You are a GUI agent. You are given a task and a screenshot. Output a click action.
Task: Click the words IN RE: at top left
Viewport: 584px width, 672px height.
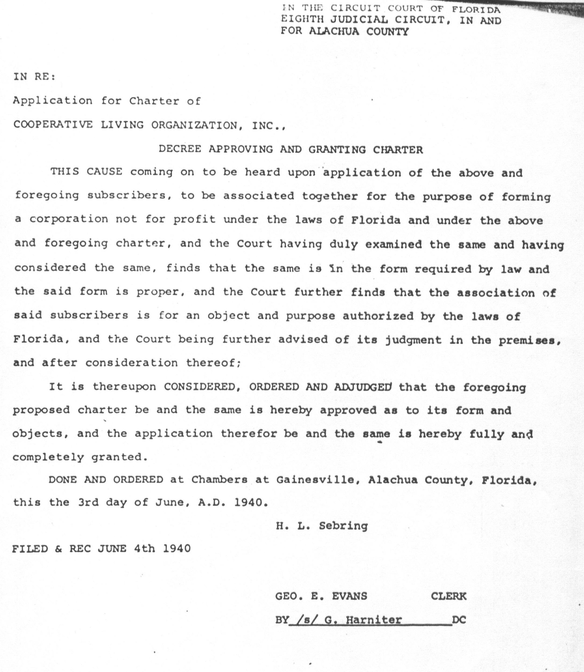[34, 77]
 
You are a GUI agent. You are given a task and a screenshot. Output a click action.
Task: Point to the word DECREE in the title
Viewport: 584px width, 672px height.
[180, 149]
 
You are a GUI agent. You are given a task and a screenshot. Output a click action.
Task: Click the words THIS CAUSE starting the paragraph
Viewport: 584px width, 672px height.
[86, 172]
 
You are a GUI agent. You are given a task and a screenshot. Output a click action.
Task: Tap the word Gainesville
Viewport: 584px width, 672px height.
[315, 480]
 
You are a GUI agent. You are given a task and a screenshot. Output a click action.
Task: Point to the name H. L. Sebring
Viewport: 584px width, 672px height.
[322, 525]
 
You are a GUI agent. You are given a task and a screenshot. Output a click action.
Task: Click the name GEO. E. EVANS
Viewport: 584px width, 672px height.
[321, 596]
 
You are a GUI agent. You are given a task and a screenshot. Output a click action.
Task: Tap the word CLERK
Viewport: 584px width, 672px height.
[448, 596]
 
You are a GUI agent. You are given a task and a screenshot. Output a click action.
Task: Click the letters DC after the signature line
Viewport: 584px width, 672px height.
[459, 620]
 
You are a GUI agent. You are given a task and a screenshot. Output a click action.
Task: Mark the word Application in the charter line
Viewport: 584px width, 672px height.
[53, 101]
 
